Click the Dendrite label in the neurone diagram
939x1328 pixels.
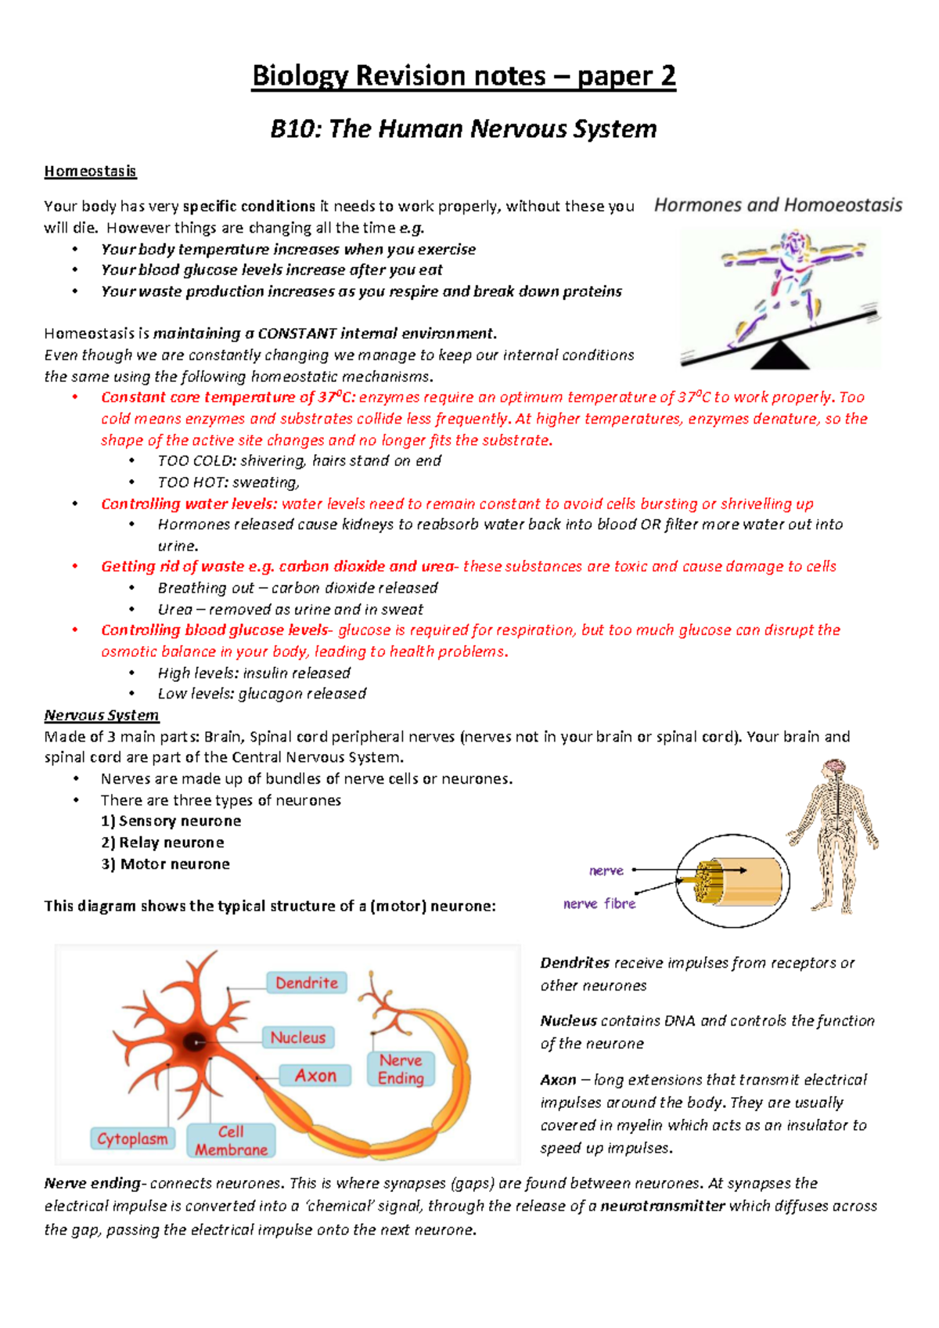(x=307, y=983)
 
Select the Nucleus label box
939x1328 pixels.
(x=298, y=1037)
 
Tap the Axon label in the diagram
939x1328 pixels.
(x=315, y=1076)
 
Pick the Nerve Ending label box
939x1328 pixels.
(x=401, y=1069)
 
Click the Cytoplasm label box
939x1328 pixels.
(x=132, y=1139)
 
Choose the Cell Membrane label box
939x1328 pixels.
(x=231, y=1141)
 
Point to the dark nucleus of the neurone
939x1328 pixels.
(x=194, y=1042)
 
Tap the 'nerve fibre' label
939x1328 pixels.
(x=599, y=904)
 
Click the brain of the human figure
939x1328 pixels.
(x=835, y=768)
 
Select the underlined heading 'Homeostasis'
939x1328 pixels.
(x=90, y=171)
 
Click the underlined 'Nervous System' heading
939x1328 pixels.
(x=102, y=715)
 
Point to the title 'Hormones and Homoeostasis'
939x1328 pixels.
(x=778, y=205)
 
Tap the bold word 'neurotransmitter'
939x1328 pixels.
(x=662, y=1206)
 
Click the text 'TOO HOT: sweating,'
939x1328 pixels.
(x=228, y=482)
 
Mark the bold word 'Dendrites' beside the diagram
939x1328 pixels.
(x=575, y=963)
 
